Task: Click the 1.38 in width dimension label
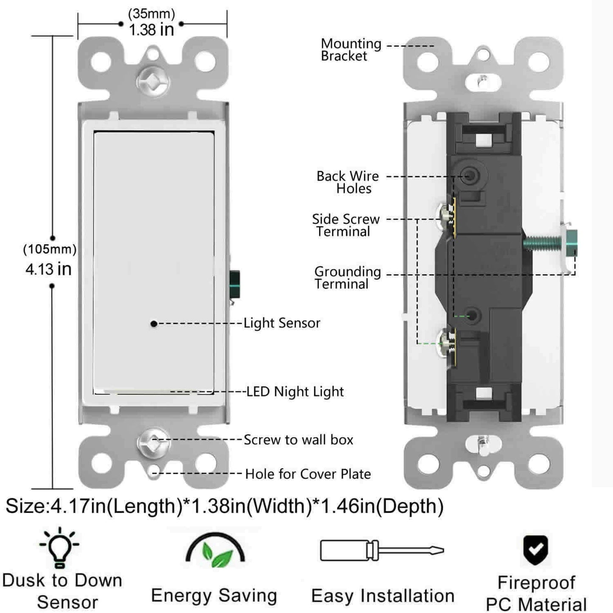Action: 151,30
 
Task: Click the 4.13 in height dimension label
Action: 48,269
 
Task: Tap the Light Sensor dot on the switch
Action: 154,324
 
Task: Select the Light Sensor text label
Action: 282,323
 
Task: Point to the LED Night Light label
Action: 295,392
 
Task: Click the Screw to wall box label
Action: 298,440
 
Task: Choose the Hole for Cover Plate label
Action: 308,474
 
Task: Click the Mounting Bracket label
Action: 350,50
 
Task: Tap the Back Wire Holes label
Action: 347,182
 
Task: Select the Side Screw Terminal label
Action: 345,225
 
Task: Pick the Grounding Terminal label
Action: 347,277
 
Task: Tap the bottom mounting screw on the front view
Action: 153,442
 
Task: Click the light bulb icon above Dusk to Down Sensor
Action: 59,547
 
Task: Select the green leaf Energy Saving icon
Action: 216,552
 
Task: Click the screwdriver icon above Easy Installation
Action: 381,551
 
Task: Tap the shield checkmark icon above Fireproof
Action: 536,549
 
